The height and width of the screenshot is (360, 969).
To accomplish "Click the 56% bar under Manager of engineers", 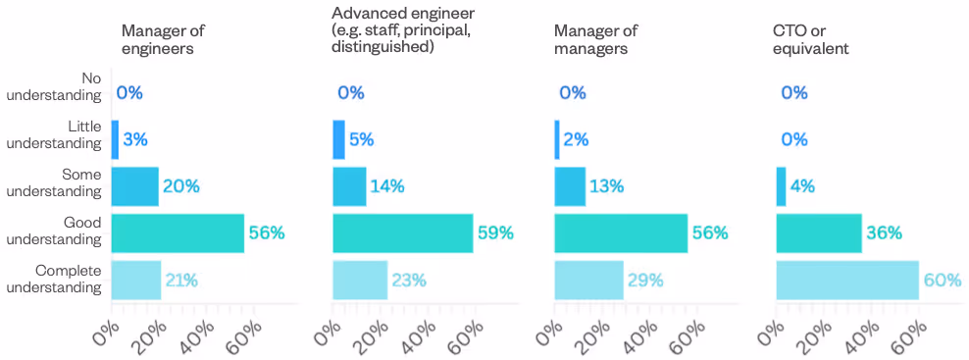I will coord(178,232).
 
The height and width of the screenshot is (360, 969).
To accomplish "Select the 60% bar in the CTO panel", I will coord(847,280).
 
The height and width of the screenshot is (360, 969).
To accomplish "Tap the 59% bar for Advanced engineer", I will coord(403,232).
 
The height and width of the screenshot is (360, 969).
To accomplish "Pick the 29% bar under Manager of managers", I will coord(588,280).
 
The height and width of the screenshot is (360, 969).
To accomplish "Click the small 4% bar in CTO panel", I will coord(781,186).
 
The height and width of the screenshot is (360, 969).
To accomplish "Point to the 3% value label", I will coord(135,139).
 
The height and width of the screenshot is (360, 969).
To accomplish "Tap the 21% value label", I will coord(180,280).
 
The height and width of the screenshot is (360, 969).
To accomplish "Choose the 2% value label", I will coord(576,139).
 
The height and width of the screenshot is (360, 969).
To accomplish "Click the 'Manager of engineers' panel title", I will coord(164,38).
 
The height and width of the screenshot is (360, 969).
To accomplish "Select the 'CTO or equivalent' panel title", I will coord(810,38).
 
